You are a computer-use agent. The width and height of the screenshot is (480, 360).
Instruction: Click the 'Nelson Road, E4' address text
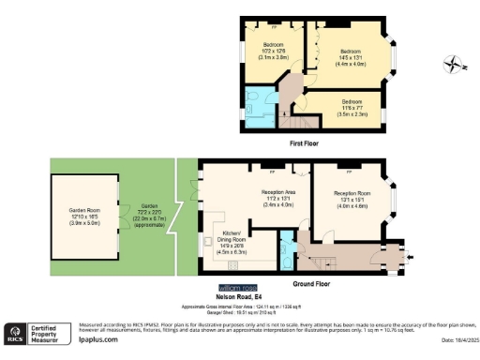(236, 294)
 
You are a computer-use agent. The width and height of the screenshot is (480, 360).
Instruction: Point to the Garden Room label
(84, 216)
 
